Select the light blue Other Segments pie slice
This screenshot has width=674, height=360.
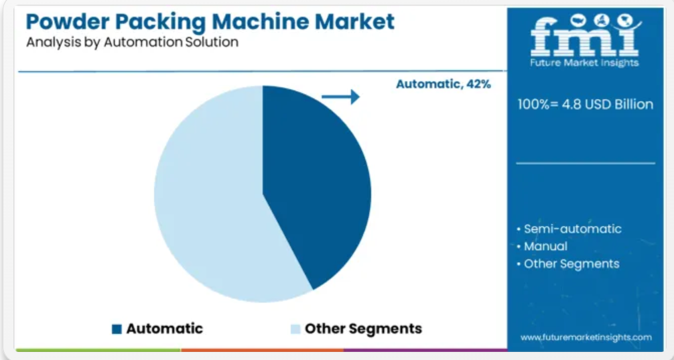click(206, 198)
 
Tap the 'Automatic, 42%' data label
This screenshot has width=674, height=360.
click(443, 84)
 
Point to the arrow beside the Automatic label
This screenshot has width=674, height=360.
click(340, 97)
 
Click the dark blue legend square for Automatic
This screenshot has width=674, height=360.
click(117, 329)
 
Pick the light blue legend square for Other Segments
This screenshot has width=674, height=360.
click(295, 329)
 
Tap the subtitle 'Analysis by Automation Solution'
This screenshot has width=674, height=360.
click(133, 43)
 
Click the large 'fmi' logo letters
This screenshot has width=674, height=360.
click(584, 37)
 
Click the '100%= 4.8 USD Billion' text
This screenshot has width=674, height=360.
click(586, 105)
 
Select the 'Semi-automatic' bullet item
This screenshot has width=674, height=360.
click(569, 229)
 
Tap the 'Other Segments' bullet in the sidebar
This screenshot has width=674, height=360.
click(568, 263)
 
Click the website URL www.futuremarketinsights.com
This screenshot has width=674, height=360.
click(586, 338)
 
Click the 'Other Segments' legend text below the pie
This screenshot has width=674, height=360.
click(364, 329)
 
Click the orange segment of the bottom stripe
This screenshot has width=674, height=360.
click(262, 350)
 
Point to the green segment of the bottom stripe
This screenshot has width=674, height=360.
click(98, 350)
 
